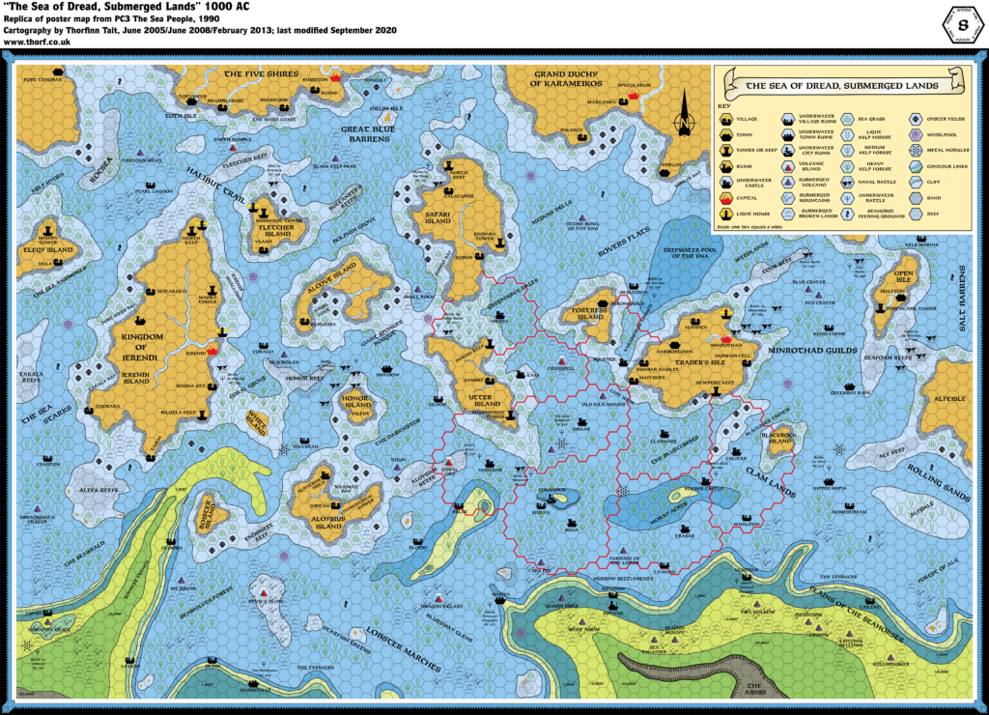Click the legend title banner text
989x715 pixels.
click(x=843, y=86)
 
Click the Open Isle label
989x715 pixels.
click(x=904, y=274)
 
